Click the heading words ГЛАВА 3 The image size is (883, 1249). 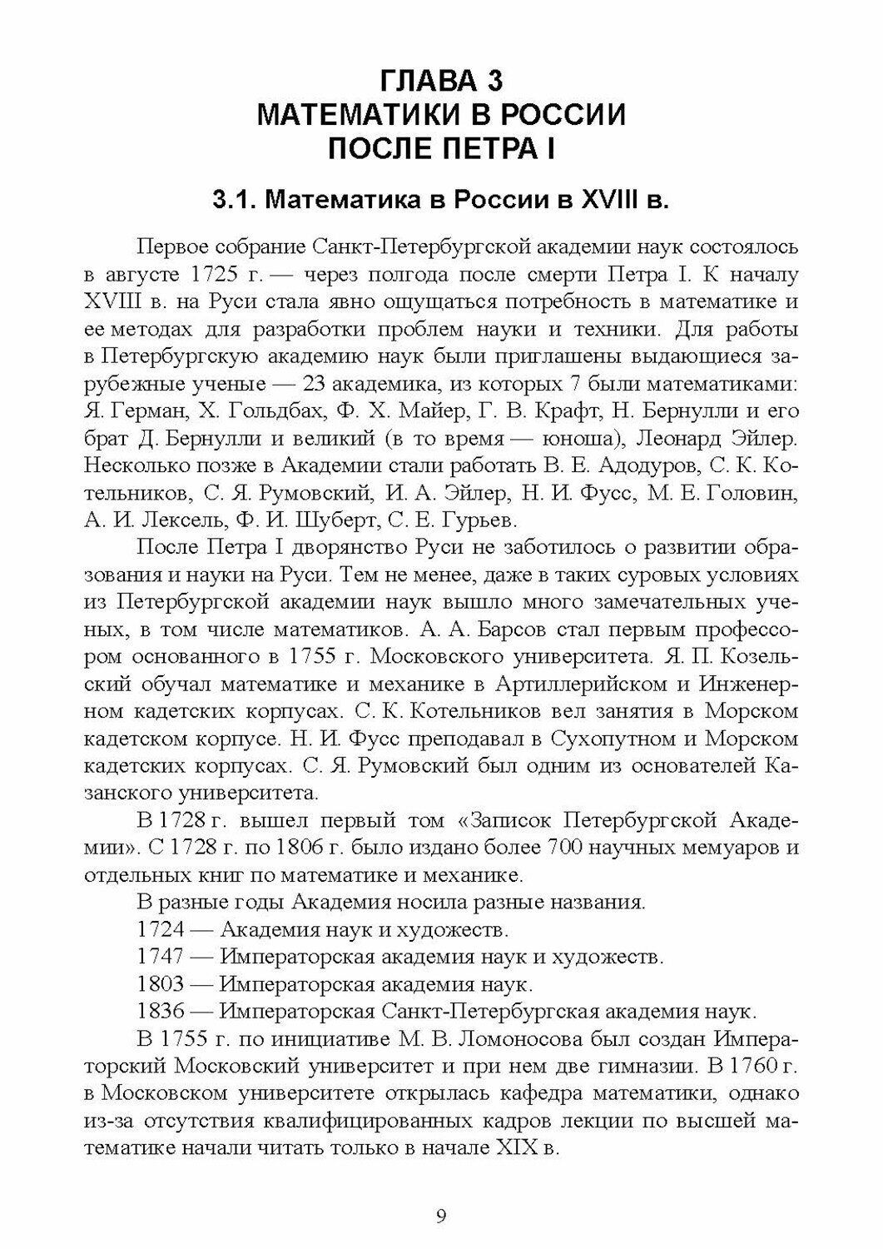[441, 82]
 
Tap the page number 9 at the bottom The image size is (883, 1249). [441, 1217]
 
